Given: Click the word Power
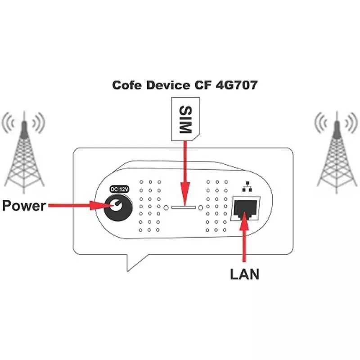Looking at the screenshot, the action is coord(24,206).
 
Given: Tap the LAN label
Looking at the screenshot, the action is coord(245,274).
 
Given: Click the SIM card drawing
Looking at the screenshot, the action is coord(185,119).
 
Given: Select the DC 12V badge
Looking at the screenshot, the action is coord(120,189).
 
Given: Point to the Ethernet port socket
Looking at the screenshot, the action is coord(245,208).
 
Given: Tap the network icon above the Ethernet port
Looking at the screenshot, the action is coord(247,187).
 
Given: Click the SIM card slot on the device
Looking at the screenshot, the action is coord(184,207).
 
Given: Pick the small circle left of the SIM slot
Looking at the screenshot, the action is coord(166,208).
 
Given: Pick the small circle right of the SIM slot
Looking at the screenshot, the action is coord(200,208).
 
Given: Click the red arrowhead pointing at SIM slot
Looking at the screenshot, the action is coord(185,193).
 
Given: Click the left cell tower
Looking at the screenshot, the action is coord(24,152).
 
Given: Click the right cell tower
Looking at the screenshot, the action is coord(337,152).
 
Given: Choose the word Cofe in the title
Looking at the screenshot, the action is coord(127,85).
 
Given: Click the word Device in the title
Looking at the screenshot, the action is coord(168,85).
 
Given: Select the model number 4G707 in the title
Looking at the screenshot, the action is coord(237,85).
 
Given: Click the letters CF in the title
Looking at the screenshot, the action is coord(203,85).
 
